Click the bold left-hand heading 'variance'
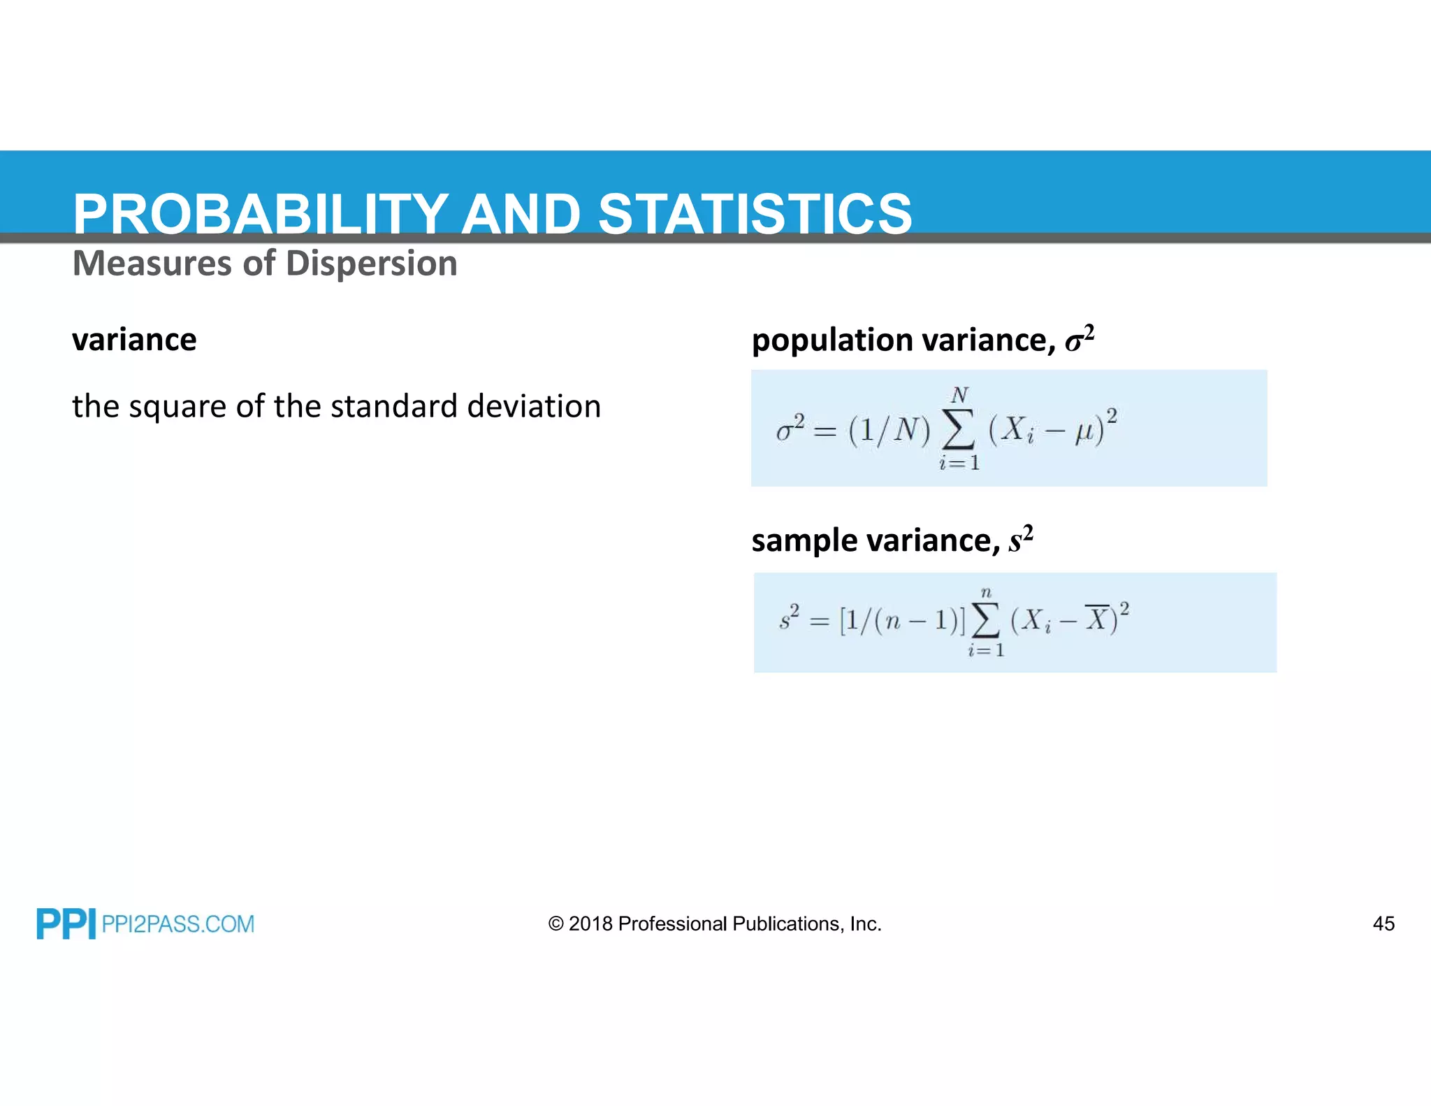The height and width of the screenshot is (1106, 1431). pyautogui.click(x=134, y=340)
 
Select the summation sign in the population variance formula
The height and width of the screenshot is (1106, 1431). pyautogui.click(x=958, y=430)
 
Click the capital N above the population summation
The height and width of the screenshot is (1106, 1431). pyautogui.click(x=960, y=395)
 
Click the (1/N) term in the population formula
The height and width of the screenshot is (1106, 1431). pyautogui.click(x=889, y=431)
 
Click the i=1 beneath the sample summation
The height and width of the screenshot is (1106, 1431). pyautogui.click(x=986, y=651)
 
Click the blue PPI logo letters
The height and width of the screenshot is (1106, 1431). pyautogui.click(x=66, y=924)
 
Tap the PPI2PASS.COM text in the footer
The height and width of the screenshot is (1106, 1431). pyautogui.click(x=177, y=924)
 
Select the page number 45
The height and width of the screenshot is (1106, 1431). pyautogui.click(x=1383, y=924)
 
